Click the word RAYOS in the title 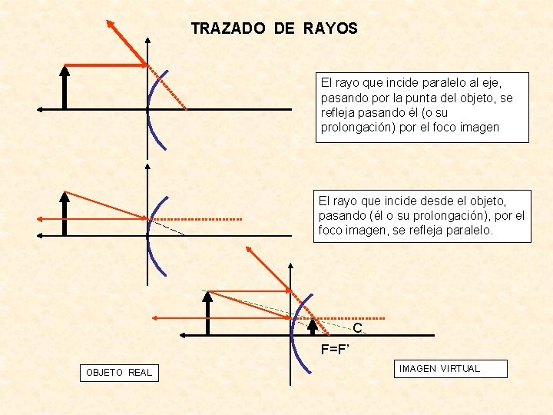(x=330, y=29)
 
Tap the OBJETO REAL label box (x=119, y=373)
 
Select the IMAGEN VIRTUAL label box (x=439, y=369)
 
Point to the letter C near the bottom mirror (x=357, y=328)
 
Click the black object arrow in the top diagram (x=65, y=88)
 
